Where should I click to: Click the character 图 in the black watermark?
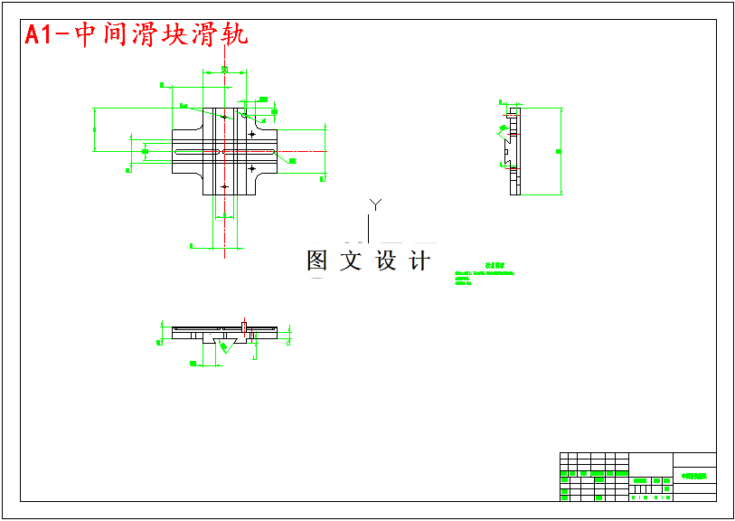coord(316,261)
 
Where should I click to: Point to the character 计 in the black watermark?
coord(419,261)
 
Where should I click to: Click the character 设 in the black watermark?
coord(386,261)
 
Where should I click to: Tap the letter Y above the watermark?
coord(376,204)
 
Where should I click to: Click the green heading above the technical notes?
coord(494,267)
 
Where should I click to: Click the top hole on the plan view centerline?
coord(224,117)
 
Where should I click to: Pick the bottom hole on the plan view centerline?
coord(224,186)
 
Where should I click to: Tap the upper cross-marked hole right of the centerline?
coord(252,134)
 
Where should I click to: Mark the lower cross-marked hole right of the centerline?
coord(252,168)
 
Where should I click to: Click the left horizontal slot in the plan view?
coord(194,151)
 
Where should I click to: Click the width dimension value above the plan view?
coord(224,70)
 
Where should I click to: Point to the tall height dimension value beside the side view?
coord(559,151)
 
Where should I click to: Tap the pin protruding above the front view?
coord(244,324)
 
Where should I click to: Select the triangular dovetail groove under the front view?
coord(223,344)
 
